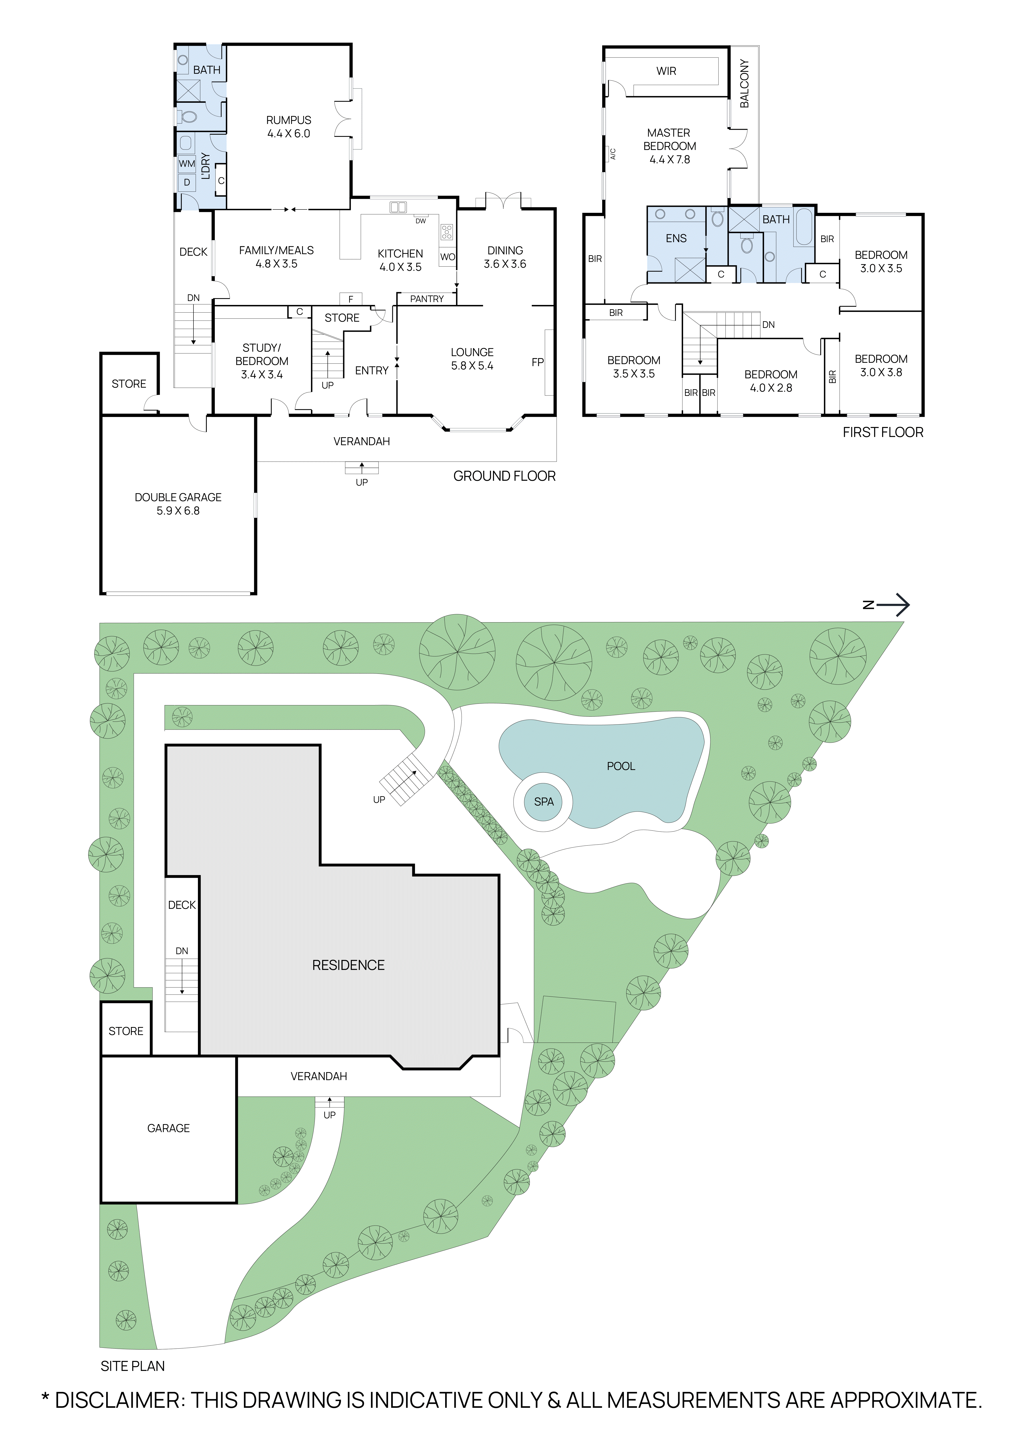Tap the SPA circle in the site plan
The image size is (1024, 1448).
coord(544,802)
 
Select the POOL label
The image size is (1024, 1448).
coord(620,766)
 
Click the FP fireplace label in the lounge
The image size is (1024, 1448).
coord(537,363)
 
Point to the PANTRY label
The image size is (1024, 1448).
coord(427,299)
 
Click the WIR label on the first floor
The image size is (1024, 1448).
coord(666,71)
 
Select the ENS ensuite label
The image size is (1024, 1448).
coord(676,238)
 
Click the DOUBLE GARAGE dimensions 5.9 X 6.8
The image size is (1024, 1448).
coord(178,511)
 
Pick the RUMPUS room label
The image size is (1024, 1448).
coord(288,120)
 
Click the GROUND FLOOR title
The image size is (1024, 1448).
coord(504,476)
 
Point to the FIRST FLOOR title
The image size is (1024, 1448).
coord(883,433)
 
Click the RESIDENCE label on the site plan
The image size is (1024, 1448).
coord(348,965)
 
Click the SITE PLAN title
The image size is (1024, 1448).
coord(132,1366)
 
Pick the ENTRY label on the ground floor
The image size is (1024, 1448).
coord(371,371)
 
